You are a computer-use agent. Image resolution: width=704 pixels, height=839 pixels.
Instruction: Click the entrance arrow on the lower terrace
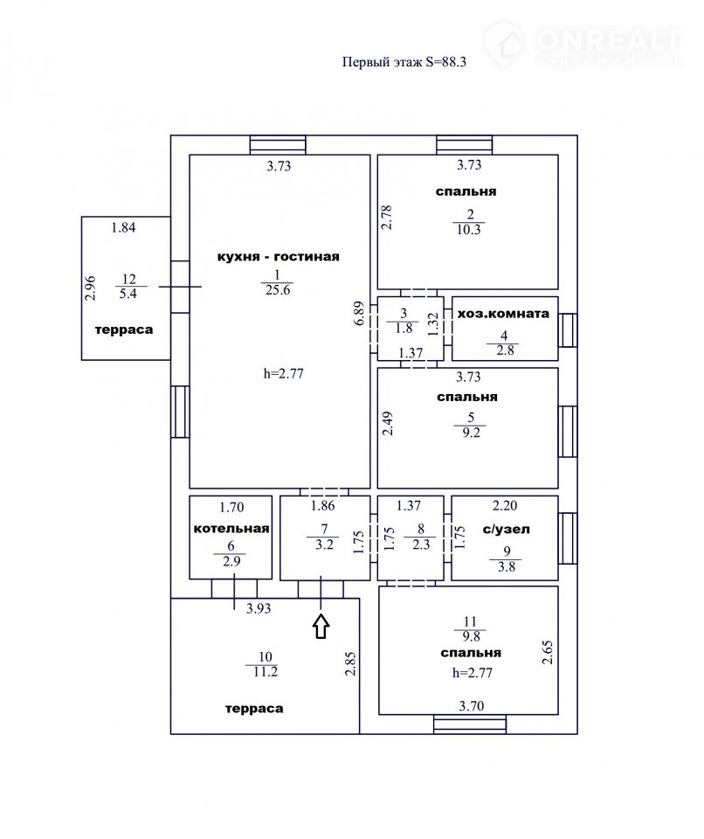[x=321, y=626]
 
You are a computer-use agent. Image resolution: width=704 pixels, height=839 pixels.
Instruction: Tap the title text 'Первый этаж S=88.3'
[x=404, y=62]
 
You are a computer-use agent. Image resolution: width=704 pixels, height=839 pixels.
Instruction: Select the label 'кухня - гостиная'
[x=278, y=257]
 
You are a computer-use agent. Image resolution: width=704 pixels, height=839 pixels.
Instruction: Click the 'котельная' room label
[x=231, y=529]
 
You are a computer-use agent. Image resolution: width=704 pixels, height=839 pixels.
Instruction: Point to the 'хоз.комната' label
[x=503, y=314]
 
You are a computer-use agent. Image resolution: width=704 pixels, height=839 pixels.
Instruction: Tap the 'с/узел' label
[x=506, y=530]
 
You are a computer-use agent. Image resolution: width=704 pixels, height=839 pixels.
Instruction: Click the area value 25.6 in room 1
[x=278, y=290]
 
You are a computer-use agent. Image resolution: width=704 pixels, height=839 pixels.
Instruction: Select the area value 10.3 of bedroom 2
[x=469, y=230]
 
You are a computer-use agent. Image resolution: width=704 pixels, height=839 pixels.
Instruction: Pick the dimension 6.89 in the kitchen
[x=359, y=314]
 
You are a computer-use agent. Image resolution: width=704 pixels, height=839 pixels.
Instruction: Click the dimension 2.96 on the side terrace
[x=91, y=288]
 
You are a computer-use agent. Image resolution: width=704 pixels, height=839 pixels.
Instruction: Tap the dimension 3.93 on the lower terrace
[x=259, y=608]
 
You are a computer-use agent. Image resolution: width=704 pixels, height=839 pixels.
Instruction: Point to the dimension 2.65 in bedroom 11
[x=548, y=652]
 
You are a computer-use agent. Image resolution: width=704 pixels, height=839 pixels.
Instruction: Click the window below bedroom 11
[x=470, y=724]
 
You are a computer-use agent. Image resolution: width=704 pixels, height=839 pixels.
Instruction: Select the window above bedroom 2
[x=465, y=145]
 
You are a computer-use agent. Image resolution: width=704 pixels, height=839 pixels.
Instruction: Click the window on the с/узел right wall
[x=568, y=538]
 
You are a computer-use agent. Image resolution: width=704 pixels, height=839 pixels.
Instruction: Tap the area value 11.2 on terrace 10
[x=266, y=671]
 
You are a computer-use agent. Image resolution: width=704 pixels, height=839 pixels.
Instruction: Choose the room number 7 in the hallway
[x=324, y=529]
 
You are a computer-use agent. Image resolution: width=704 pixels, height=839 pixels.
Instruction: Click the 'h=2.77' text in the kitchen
[x=284, y=373]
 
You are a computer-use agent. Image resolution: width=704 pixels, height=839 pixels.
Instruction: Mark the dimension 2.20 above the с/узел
[x=505, y=506]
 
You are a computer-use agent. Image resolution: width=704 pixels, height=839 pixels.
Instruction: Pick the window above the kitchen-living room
[x=278, y=145]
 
